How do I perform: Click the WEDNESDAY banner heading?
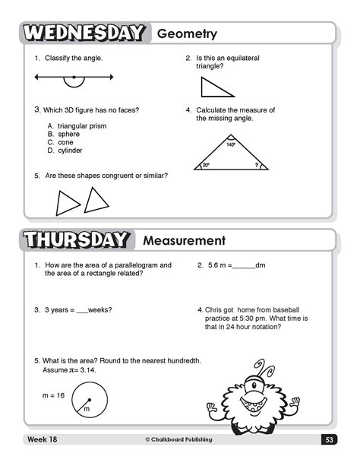click(x=83, y=33)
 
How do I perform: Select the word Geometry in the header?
click(x=187, y=33)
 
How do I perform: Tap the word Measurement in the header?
click(x=185, y=241)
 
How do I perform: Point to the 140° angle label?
click(x=231, y=144)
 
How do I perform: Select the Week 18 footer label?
click(x=39, y=439)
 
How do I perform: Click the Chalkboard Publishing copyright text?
click(x=178, y=439)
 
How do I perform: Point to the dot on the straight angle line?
click(x=74, y=77)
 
